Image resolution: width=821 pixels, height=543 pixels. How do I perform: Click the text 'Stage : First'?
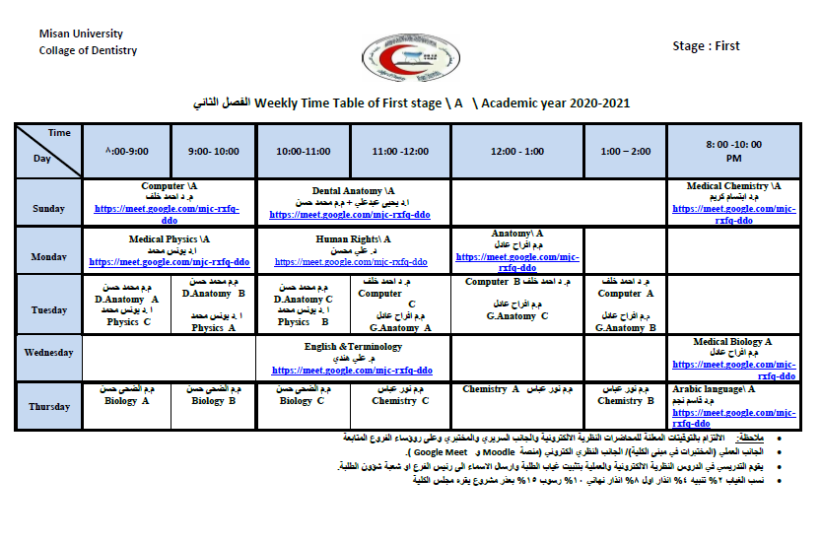(x=706, y=46)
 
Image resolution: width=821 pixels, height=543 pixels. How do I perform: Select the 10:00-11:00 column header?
(x=304, y=152)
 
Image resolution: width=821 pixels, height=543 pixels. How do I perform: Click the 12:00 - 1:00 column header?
(x=517, y=152)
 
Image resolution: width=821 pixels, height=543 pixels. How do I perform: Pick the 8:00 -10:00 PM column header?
(x=733, y=151)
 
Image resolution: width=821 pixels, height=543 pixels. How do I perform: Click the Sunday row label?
(x=48, y=209)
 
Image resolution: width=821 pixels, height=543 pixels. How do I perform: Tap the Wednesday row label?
(x=48, y=353)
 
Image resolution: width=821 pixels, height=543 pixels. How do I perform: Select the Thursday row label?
(x=48, y=407)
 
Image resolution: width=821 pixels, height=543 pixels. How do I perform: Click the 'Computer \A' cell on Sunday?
(x=170, y=185)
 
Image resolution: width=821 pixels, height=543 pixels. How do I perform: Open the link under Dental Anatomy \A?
(x=350, y=214)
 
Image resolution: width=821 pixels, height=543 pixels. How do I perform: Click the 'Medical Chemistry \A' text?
(x=733, y=185)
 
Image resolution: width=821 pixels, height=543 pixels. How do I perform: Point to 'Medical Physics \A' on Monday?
(x=169, y=238)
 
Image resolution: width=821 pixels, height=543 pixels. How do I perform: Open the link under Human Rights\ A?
(x=350, y=262)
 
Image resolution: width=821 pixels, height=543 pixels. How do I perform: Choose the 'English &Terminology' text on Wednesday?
(x=353, y=347)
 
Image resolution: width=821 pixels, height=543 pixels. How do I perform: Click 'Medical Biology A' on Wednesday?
(x=732, y=342)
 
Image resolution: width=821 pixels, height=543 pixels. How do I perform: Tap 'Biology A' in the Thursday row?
(x=127, y=401)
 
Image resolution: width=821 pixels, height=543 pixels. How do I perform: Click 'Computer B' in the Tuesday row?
(x=493, y=282)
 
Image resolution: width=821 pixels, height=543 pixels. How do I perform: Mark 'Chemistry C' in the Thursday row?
(x=400, y=401)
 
